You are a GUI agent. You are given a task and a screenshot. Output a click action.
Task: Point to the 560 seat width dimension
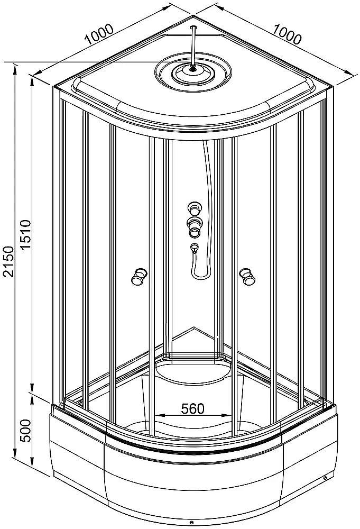click(x=192, y=408)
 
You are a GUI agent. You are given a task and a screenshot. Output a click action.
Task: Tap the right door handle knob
click(x=246, y=276)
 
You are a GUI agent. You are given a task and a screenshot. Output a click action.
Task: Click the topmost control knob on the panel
click(x=193, y=208)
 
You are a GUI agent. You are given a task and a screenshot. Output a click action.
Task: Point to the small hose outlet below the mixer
click(x=193, y=248)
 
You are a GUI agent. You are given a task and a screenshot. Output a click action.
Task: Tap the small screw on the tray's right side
click(x=324, y=480)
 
